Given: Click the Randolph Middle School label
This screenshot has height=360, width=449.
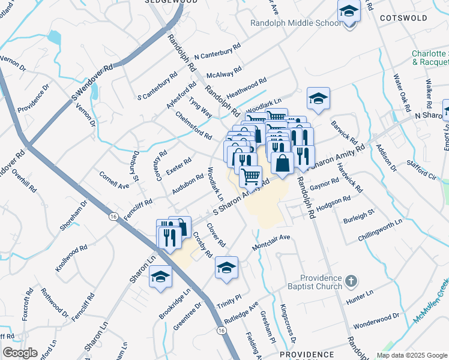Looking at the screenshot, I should coord(295,23).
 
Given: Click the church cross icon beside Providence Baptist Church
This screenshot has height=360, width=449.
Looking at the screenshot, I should coord(352,280).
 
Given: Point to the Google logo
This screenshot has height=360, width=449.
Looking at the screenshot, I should coord(20,353).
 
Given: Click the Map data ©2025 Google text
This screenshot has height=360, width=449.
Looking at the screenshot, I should coord(412,355).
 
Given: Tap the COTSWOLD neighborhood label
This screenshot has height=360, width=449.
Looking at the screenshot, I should coord(403,18).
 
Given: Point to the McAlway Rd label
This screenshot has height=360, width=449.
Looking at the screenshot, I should coord(223,73).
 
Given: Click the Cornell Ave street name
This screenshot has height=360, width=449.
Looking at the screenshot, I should coord(114,182).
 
